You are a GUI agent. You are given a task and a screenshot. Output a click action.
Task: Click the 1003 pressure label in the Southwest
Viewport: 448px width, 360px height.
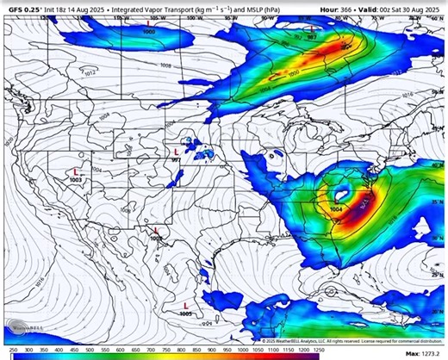click(76, 178)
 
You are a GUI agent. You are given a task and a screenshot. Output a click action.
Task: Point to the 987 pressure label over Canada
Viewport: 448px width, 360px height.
click(311, 38)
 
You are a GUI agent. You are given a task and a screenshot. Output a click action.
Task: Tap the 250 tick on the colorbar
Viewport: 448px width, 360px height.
click(12, 350)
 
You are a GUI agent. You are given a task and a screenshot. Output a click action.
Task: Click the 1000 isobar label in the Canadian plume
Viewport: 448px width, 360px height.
click(295, 74)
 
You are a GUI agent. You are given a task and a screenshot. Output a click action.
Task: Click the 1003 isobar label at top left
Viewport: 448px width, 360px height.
click(150, 31)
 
